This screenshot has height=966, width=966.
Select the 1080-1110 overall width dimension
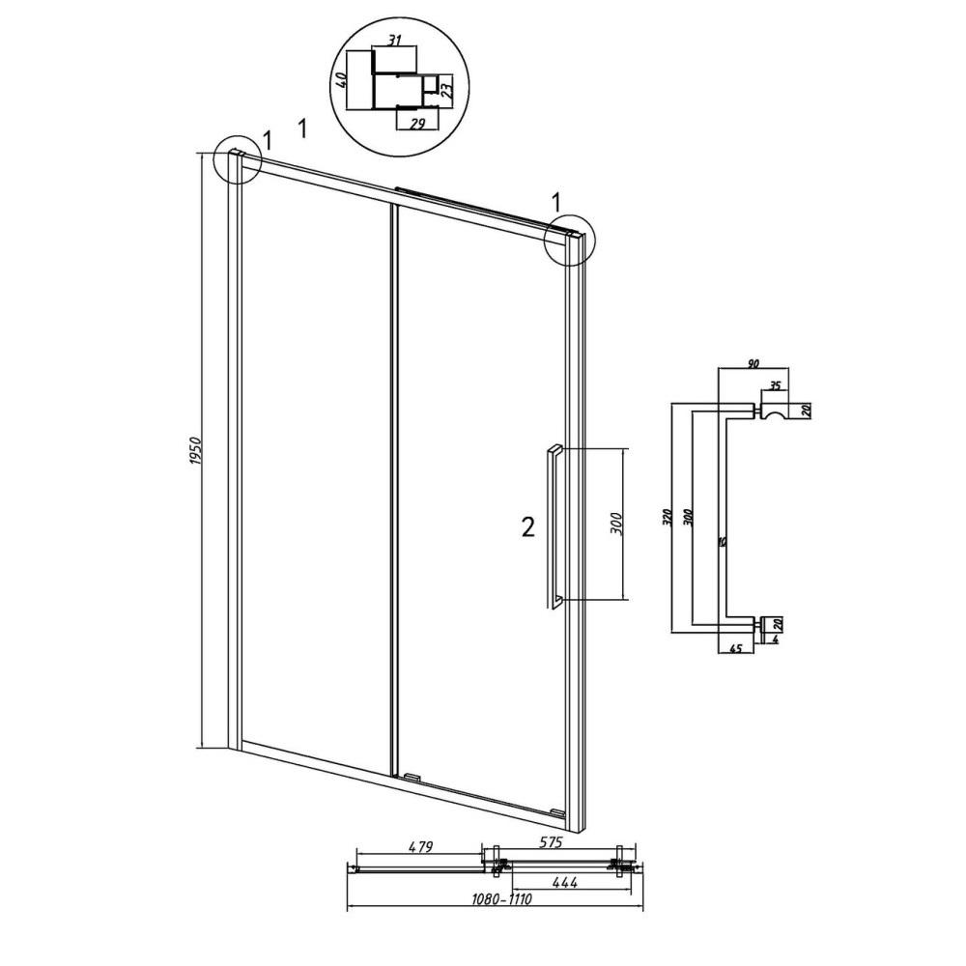(x=500, y=899)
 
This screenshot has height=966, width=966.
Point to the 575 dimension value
(x=551, y=842)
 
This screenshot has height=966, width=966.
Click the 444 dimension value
(x=564, y=882)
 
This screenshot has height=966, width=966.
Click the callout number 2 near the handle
(x=528, y=527)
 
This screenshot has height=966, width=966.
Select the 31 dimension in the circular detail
(x=395, y=41)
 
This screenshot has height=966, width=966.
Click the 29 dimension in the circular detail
(x=417, y=124)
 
